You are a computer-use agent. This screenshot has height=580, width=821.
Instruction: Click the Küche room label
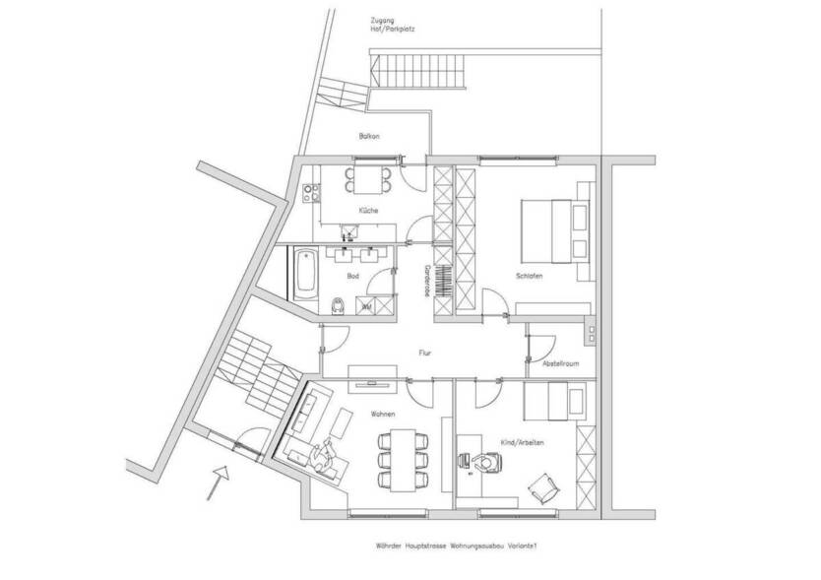click(x=369, y=211)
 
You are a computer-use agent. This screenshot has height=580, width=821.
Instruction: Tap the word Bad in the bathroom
click(x=352, y=277)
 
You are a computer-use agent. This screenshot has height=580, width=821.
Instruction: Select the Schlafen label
click(x=529, y=276)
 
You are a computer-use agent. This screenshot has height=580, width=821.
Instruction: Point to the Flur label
click(x=424, y=350)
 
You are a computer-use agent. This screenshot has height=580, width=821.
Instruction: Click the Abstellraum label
click(x=560, y=363)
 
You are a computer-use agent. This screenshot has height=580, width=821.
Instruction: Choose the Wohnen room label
click(x=383, y=415)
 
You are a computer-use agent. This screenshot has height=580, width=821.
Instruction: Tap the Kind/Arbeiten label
click(x=524, y=442)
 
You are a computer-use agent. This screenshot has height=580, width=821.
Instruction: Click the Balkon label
click(x=369, y=136)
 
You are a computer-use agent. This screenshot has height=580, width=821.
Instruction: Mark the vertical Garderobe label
click(x=427, y=280)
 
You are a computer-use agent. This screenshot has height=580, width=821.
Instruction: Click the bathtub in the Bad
click(x=303, y=276)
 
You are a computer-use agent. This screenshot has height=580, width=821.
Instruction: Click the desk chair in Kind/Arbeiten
click(x=483, y=462)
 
